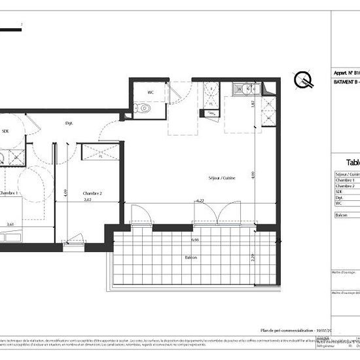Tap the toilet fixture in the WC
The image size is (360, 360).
coord(136,109)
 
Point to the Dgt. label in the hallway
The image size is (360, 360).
coord(68,122)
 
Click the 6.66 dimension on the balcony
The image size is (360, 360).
coord(195,240)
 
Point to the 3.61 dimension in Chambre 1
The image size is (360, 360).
coord(10,225)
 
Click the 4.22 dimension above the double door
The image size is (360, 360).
coord(199,201)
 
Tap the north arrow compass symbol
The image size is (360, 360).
coord(303,81)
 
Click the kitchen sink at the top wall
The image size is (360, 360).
coord(240,88)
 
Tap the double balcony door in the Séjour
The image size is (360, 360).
coord(215,216)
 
